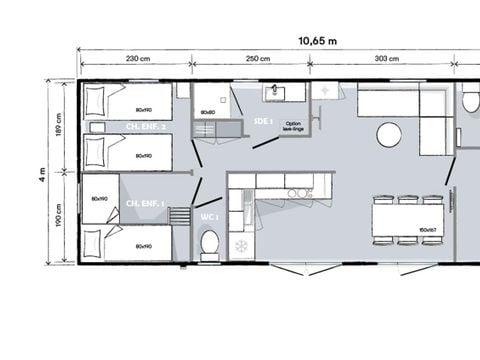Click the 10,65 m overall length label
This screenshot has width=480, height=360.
click(x=319, y=41)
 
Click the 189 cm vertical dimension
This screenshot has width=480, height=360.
click(x=60, y=127)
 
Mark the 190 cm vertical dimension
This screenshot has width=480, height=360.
click(x=60, y=218)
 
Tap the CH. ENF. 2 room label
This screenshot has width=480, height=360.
click(x=146, y=127)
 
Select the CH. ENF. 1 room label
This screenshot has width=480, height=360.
click(x=146, y=203)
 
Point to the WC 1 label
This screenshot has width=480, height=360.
click(x=209, y=216)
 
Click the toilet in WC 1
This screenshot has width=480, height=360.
click(x=210, y=243)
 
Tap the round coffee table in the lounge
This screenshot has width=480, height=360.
click(x=389, y=134)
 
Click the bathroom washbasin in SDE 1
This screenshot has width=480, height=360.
click(x=277, y=94)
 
